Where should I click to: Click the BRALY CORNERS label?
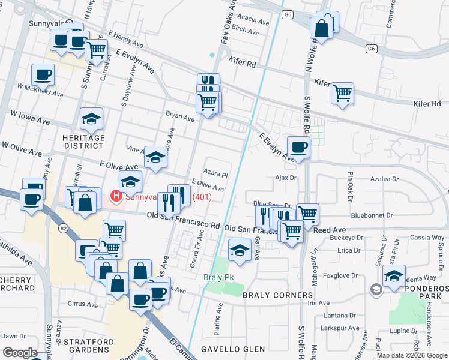coord(277,295)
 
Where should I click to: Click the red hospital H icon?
coord(114,196)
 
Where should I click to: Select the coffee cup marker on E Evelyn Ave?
coord(298,146)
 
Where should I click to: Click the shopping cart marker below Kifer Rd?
coord(342,93)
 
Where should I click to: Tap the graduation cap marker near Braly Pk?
coord(240,250)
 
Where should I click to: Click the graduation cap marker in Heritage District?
coord(92,119)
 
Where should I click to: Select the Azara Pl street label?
coord(215,175)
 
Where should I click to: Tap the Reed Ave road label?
coord(330,230)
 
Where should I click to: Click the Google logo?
coord(20,353)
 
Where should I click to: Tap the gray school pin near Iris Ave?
coord(376,290)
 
